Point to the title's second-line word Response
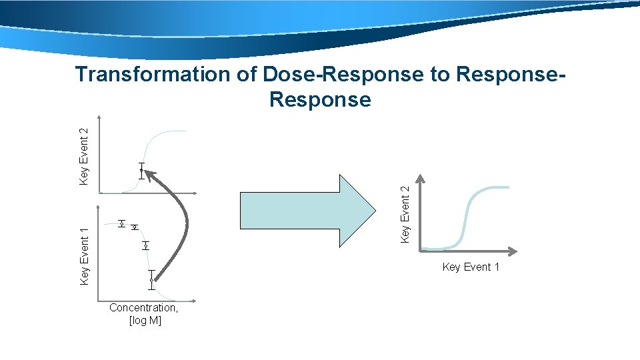pos(320,100)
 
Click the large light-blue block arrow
pos(307,211)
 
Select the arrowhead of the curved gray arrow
pos(149,175)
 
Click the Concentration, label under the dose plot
pos(143,308)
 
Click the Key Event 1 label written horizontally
pos(471,267)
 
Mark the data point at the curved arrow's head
pos(141,171)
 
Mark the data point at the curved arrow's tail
pos(152,280)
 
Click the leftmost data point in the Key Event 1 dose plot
pos(121,223)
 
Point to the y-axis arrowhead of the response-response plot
pos(420,179)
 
